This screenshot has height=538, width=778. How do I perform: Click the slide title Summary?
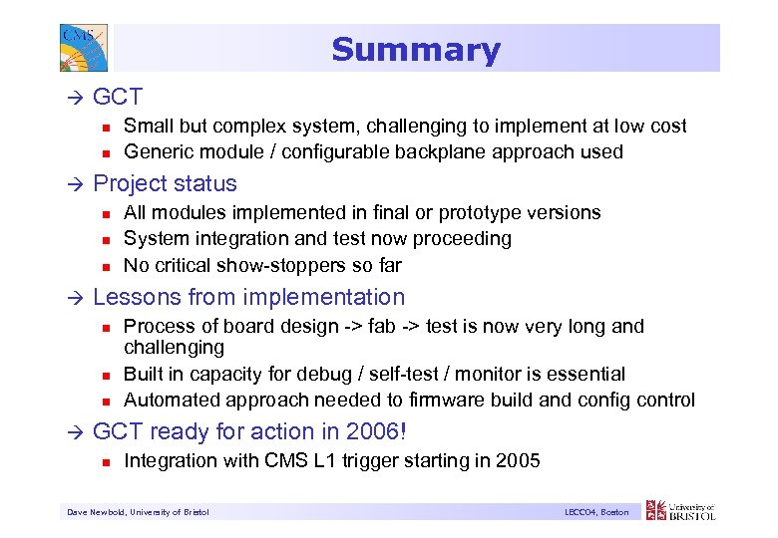point(415,50)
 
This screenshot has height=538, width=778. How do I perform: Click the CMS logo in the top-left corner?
point(79,47)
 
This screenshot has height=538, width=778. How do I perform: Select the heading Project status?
point(165,183)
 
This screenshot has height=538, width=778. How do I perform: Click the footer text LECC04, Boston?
point(595,512)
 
